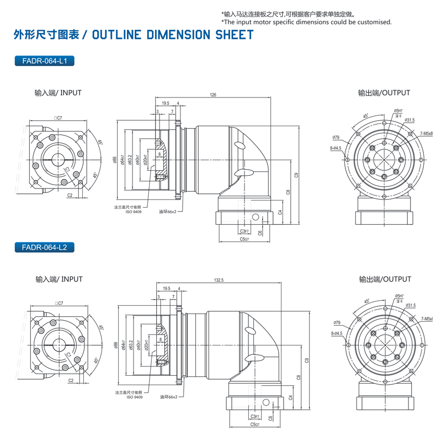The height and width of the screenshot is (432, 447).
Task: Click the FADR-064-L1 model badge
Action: [x=43, y=61]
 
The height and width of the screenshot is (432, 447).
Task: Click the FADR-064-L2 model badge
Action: [x=43, y=247]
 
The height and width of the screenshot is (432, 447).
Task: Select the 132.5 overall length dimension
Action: [x=219, y=280]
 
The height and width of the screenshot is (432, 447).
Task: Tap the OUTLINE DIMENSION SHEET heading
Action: [x=173, y=35]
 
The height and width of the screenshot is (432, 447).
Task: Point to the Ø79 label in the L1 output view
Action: [x=336, y=137]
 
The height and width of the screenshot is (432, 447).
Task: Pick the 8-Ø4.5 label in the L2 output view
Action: [x=336, y=333]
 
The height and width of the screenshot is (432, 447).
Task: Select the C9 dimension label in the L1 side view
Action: [x=296, y=175]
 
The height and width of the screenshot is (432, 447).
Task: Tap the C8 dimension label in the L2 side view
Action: [x=299, y=377]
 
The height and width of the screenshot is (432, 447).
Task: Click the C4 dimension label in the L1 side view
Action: [x=280, y=212]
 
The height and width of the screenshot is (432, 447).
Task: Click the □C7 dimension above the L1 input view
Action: [x=58, y=118]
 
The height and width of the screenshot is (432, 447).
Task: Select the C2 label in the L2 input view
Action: [x=71, y=381]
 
